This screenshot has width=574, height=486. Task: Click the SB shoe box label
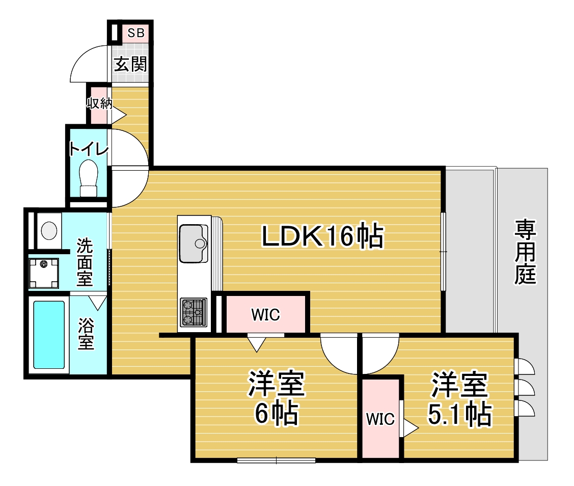(x=136, y=33)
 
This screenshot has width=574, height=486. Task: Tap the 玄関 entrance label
(x=130, y=64)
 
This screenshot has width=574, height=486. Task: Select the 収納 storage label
(x=99, y=103)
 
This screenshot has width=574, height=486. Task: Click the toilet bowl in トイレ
(x=89, y=178)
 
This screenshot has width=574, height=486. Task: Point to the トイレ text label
(x=89, y=149)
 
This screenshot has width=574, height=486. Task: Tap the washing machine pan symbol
(x=44, y=273)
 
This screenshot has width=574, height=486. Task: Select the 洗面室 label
(x=84, y=262)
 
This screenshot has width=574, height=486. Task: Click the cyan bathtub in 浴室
(x=49, y=334)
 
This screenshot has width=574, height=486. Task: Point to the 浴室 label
(x=86, y=334)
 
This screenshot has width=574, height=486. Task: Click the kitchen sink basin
(x=194, y=244)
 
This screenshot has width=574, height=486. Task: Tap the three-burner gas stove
(x=194, y=312)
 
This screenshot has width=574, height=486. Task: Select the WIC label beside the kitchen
(x=265, y=315)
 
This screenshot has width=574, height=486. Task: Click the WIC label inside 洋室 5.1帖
(x=380, y=419)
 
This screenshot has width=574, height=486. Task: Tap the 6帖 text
(x=277, y=414)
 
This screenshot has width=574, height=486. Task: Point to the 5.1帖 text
(x=459, y=414)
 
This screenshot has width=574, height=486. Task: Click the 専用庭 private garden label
(x=525, y=252)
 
